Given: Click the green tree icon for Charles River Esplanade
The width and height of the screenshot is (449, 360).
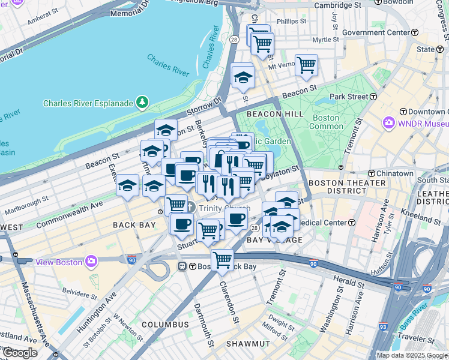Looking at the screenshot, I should [x=142, y=103].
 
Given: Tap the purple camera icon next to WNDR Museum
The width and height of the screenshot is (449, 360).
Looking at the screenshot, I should [x=389, y=123].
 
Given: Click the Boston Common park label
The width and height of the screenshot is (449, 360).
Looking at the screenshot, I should [x=326, y=122].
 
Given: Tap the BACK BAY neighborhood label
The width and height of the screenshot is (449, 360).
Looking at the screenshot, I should [x=134, y=224].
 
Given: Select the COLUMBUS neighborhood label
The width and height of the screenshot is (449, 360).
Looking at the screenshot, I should [x=165, y=325].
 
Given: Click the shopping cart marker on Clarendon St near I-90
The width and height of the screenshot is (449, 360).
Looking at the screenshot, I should [x=222, y=259].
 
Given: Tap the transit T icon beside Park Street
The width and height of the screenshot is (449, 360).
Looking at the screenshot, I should [x=373, y=96].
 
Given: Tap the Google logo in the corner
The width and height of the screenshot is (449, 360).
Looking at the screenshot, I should [x=20, y=353].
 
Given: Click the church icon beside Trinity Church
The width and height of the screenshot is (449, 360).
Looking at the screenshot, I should [x=190, y=208].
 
